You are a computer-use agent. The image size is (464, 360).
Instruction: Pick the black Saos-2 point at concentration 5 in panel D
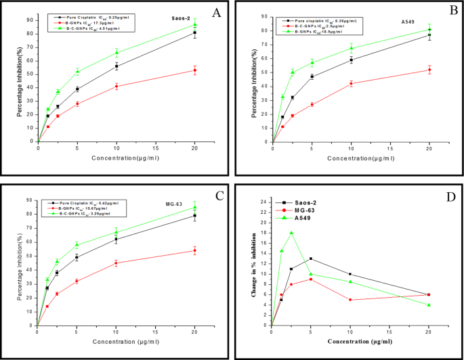[311, 258]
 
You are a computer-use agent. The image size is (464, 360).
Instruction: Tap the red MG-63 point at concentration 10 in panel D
[350, 300]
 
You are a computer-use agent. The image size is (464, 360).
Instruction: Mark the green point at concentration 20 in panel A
[195, 25]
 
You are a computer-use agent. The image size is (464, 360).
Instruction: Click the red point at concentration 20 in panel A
[195, 70]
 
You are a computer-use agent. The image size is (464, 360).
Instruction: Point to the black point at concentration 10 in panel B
[351, 60]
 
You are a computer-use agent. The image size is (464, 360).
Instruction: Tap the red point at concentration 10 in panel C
[116, 263]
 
